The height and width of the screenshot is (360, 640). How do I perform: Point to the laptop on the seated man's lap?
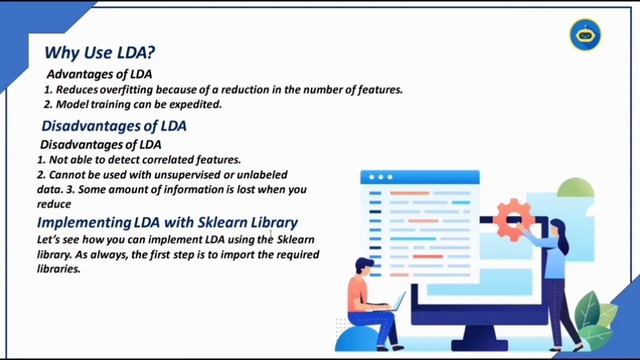pyautogui.click(x=392, y=303)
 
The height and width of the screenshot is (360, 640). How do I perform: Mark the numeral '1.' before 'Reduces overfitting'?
pyautogui.click(x=49, y=89)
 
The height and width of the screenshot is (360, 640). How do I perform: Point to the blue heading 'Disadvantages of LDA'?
pyautogui.click(x=114, y=127)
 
